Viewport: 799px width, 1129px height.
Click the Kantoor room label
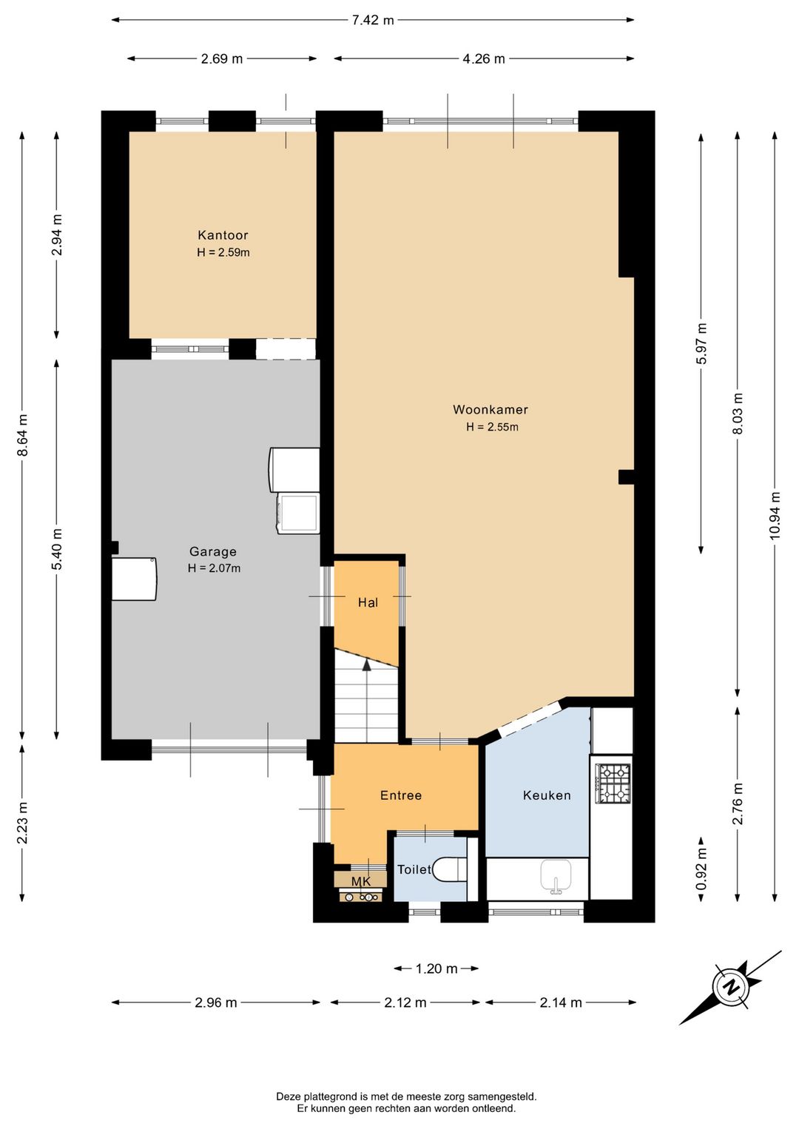(223, 235)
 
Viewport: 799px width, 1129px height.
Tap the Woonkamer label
(490, 409)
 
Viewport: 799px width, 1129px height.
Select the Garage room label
(213, 551)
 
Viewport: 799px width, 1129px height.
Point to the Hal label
(368, 602)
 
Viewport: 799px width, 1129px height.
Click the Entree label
(401, 795)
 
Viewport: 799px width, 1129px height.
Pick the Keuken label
(547, 795)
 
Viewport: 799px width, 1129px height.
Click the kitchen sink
(556, 875)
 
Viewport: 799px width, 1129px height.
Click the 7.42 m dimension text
(373, 20)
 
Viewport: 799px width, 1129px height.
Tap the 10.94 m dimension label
(775, 515)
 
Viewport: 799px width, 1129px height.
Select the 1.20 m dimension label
(436, 968)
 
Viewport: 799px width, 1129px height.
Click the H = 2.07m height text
(214, 568)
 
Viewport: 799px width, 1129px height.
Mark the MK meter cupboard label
(361, 882)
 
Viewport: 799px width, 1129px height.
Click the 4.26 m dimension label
(484, 59)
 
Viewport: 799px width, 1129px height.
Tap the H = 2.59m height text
(223, 252)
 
